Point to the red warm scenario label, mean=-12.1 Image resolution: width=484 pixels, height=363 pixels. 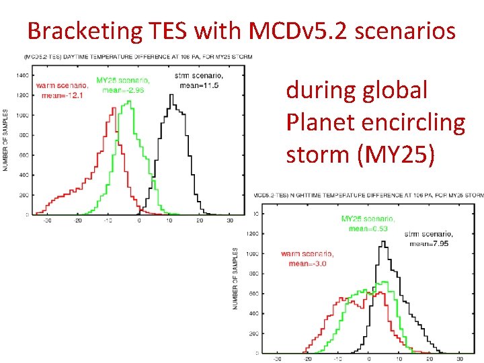[x=61, y=90]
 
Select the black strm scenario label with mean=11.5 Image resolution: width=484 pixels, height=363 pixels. [x=198, y=79]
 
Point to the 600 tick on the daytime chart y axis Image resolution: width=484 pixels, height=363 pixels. [x=22, y=155]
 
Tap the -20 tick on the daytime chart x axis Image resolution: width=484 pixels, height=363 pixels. [x=77, y=220]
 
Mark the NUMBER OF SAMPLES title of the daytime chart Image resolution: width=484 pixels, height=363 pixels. [x=6, y=140]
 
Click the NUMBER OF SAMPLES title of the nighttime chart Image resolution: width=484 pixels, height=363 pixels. [x=236, y=278]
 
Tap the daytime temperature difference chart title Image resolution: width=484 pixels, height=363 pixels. [x=138, y=57]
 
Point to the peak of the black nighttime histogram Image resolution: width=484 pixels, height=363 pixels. [x=383, y=243]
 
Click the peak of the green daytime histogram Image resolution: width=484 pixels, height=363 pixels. [x=129, y=102]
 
